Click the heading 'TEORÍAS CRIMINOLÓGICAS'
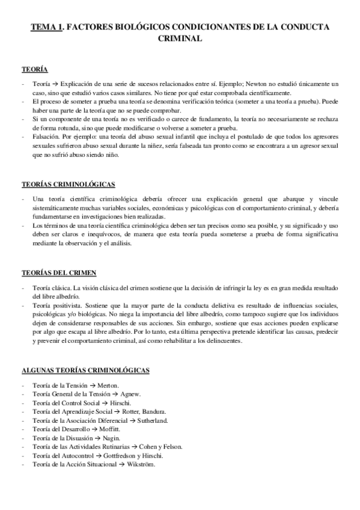point(68,183)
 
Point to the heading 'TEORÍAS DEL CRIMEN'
point(58,272)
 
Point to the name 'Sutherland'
point(166,421)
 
